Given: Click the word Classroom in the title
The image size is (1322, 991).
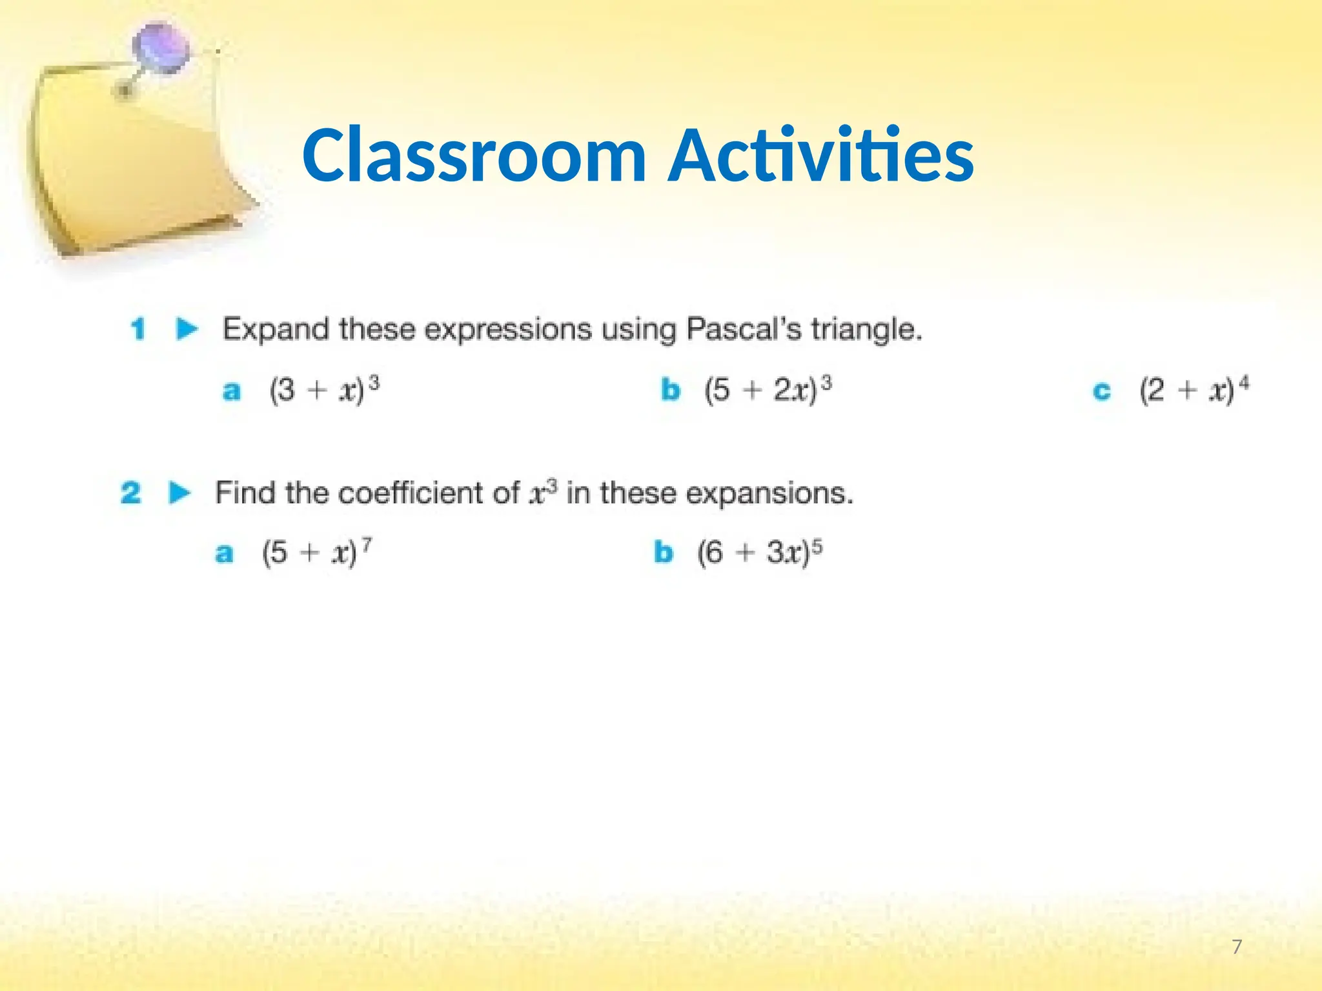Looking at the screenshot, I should pos(474,155).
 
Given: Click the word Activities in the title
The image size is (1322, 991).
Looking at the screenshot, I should pos(821,155).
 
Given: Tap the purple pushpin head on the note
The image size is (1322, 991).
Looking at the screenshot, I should pos(161,48).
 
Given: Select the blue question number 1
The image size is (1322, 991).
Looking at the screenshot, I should pos(137,329).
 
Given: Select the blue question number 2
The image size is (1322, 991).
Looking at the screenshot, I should pos(130,493).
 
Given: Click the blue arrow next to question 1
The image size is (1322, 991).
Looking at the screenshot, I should pos(187,329).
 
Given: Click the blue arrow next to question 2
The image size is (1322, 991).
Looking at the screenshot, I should pos(180,493).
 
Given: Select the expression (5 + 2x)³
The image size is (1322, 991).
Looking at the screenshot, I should pos(768,390).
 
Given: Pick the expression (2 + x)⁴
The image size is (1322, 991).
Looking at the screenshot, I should pos(1194,390).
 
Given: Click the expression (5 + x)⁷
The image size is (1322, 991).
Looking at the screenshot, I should pos(316,552).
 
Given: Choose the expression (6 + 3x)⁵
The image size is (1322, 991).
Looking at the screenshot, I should pos(759,552).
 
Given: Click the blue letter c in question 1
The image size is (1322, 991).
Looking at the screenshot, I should pos(1102,391).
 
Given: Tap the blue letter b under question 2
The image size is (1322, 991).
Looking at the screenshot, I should pos(664,552).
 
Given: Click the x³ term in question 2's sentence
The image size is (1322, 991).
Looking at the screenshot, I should pos(542,493).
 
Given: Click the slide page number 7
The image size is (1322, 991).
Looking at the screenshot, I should pos(1237,947).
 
